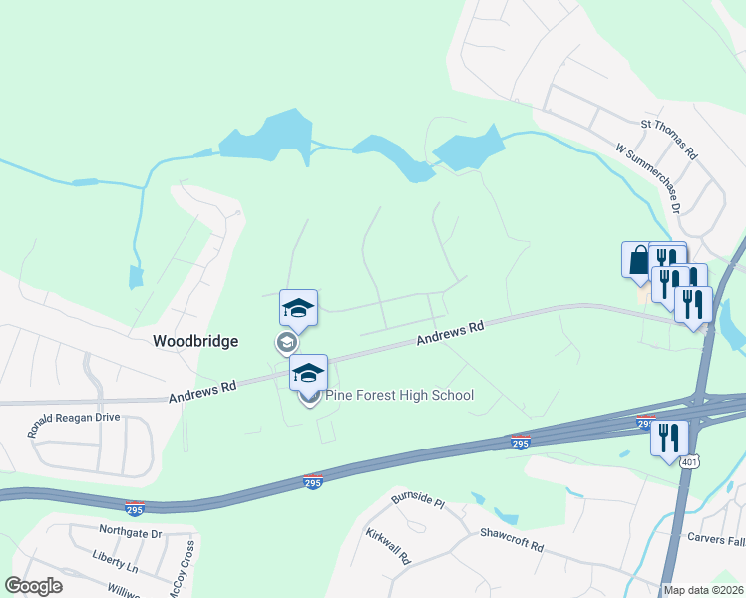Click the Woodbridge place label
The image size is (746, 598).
point(195,341)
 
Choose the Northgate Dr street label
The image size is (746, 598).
point(130,534)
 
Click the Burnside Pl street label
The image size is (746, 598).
point(417,497)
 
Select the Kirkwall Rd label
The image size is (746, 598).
point(388,547)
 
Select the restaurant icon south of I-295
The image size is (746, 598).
point(667,437)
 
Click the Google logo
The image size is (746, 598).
point(33,586)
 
